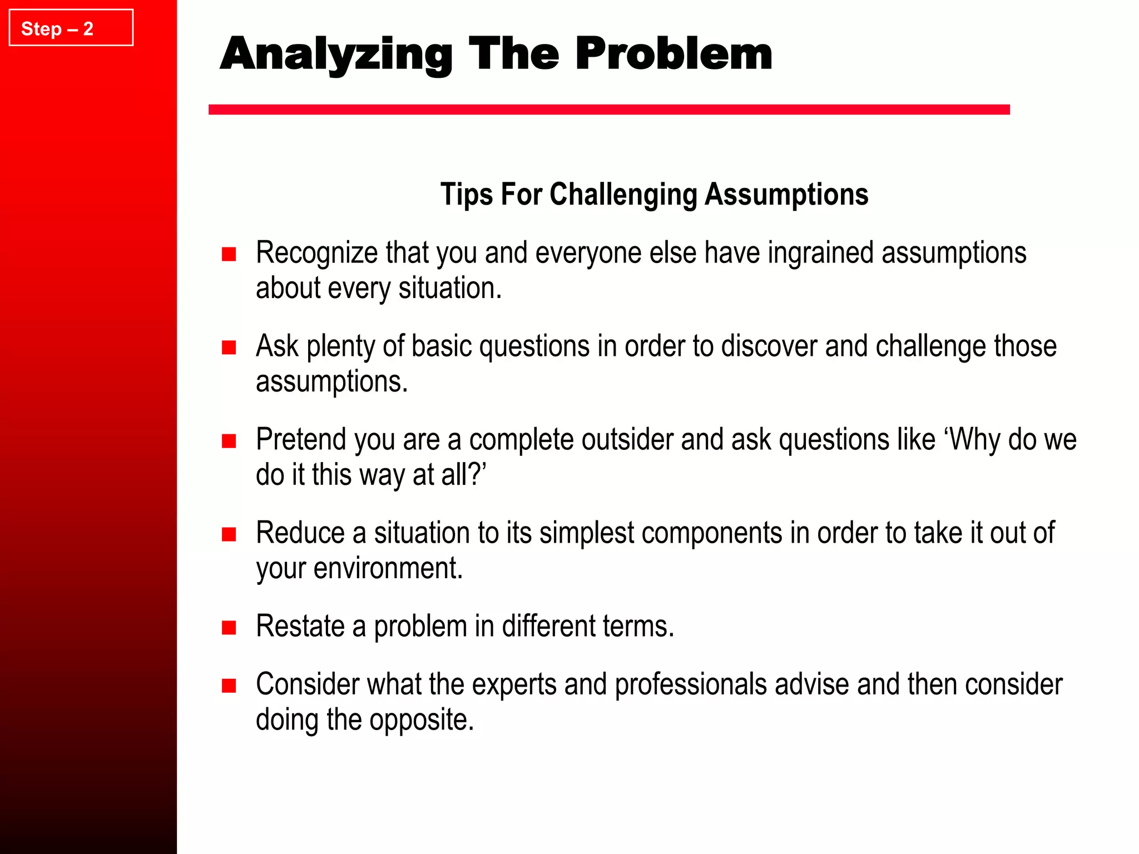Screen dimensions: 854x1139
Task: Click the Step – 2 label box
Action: pyautogui.click(x=71, y=28)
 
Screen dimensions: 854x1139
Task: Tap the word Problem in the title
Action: pyautogui.click(x=674, y=54)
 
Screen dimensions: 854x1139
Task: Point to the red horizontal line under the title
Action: pyautogui.click(x=609, y=110)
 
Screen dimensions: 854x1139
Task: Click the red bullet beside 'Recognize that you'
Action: pyautogui.click(x=229, y=255)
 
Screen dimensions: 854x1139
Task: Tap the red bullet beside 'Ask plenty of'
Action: pyautogui.click(x=229, y=348)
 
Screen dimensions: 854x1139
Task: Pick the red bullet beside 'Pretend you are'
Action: pyautogui.click(x=229, y=441)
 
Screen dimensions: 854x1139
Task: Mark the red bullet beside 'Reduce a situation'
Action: pyautogui.click(x=229, y=535)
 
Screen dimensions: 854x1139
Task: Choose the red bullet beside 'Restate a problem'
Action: pyautogui.click(x=229, y=628)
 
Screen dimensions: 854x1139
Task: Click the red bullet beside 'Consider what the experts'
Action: pyautogui.click(x=229, y=686)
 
